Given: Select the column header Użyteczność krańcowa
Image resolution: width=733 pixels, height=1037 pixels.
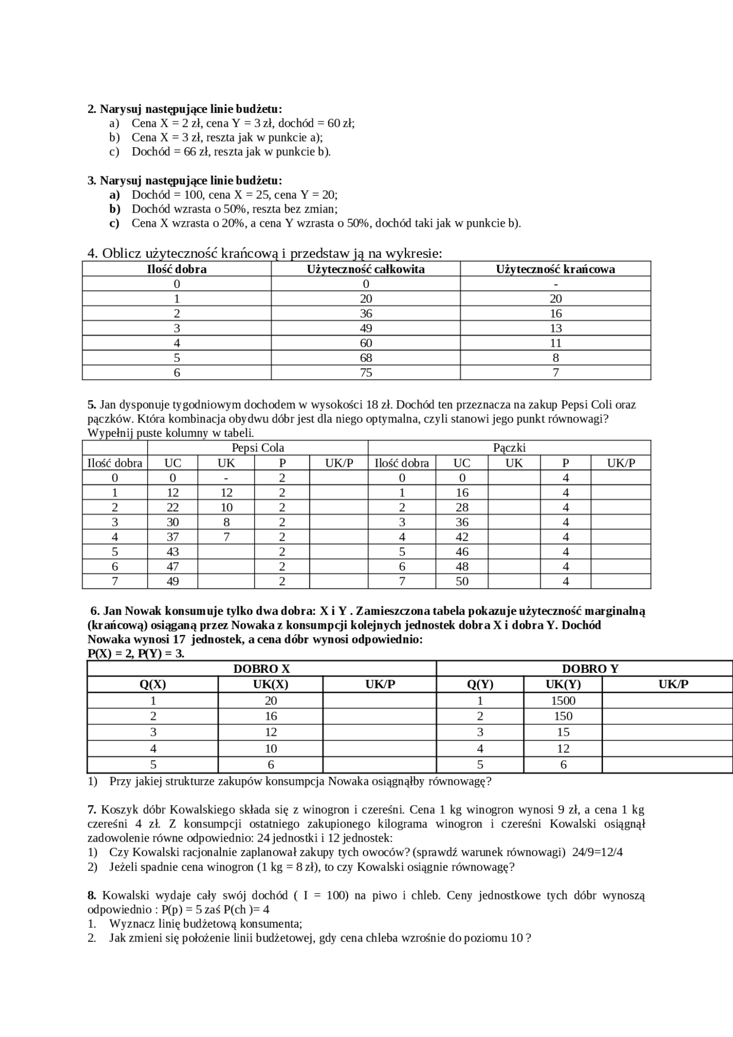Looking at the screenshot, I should point(555,269).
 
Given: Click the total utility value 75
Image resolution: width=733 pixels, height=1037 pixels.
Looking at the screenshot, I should point(366,373).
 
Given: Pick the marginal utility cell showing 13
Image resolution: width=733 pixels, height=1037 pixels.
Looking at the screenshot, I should point(555,328).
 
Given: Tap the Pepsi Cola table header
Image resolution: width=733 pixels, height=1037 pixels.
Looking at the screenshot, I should point(258,448).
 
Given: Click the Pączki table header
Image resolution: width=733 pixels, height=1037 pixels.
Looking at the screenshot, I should point(509,448).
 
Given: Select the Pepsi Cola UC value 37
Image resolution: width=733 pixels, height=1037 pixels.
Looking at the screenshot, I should point(172,537).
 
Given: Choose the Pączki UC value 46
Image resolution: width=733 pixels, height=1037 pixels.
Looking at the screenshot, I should point(462,552).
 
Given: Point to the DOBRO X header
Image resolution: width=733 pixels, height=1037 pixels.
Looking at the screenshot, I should point(262,669).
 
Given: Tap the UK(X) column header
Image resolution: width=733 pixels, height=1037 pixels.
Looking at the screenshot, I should point(270,684).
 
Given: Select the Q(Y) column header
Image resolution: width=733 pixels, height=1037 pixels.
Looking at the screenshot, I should point(480,684).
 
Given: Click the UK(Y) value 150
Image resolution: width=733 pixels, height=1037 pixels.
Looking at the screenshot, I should point(563,716).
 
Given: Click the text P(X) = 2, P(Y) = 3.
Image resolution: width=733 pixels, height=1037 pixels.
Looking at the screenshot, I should point(136,653).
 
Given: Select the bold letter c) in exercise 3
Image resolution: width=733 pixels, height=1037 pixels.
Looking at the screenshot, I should point(115,223).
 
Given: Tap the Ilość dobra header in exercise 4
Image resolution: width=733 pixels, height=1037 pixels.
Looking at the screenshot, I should point(176,269).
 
